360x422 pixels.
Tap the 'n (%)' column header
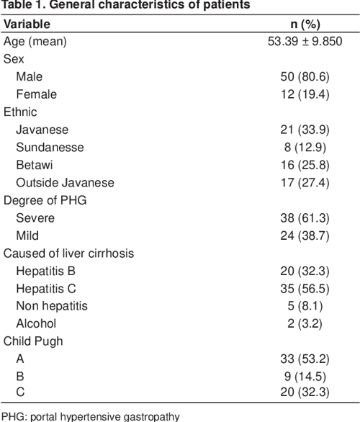(x=304, y=24)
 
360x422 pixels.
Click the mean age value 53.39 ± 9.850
(x=304, y=42)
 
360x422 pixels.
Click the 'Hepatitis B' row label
(x=45, y=270)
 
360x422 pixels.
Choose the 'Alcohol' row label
(x=35, y=323)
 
